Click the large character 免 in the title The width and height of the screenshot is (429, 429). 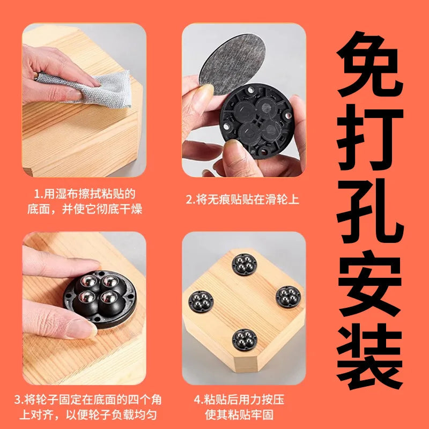click(x=370, y=64)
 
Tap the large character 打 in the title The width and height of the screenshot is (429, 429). click(x=370, y=137)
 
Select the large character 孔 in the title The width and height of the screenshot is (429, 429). click(x=370, y=211)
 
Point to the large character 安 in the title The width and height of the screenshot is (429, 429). click(x=370, y=284)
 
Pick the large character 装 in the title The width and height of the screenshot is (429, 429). click(x=370, y=356)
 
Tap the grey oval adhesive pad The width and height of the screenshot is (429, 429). click(x=233, y=64)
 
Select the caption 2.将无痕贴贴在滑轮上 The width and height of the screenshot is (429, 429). click(x=242, y=199)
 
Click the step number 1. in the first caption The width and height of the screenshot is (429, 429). click(x=39, y=194)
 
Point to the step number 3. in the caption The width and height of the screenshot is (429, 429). click(x=19, y=400)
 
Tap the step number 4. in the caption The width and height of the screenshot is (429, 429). click(x=199, y=400)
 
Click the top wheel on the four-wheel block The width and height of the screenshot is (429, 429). click(x=245, y=264)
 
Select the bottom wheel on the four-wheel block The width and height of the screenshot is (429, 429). click(x=245, y=340)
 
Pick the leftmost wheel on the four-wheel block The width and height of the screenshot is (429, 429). click(x=201, y=301)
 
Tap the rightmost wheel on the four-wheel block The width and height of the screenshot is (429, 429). click(x=288, y=297)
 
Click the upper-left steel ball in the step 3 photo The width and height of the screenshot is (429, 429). click(x=88, y=282)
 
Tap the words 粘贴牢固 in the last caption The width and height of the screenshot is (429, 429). click(x=251, y=415)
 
